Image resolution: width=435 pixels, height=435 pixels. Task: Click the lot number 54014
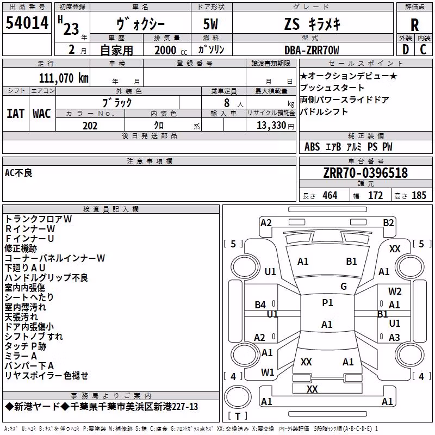27,23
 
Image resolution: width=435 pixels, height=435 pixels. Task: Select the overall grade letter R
414,25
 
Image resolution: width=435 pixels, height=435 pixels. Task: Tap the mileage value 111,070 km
64,78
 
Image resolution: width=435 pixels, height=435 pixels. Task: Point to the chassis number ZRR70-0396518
365,173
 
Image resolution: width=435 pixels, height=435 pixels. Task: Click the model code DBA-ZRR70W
312,50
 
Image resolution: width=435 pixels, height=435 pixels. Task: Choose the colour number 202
90,126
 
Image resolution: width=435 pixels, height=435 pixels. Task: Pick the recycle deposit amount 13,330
271,126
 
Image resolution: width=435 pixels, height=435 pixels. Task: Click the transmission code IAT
15,114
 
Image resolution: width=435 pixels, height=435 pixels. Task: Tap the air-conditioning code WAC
42,114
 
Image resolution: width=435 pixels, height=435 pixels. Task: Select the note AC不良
18,173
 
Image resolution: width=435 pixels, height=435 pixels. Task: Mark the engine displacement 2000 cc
171,51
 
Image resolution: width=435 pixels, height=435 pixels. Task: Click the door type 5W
210,24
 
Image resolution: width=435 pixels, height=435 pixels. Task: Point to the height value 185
419,195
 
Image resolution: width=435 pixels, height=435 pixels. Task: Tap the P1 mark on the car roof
327,303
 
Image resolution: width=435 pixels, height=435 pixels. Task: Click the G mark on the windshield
344,286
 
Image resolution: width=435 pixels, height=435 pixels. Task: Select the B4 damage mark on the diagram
260,305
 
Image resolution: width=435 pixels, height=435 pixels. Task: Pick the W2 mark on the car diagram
395,291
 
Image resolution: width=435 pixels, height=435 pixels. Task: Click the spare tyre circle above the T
238,396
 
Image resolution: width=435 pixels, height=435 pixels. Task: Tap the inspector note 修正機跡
21,248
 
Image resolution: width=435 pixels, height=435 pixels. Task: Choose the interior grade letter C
423,49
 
